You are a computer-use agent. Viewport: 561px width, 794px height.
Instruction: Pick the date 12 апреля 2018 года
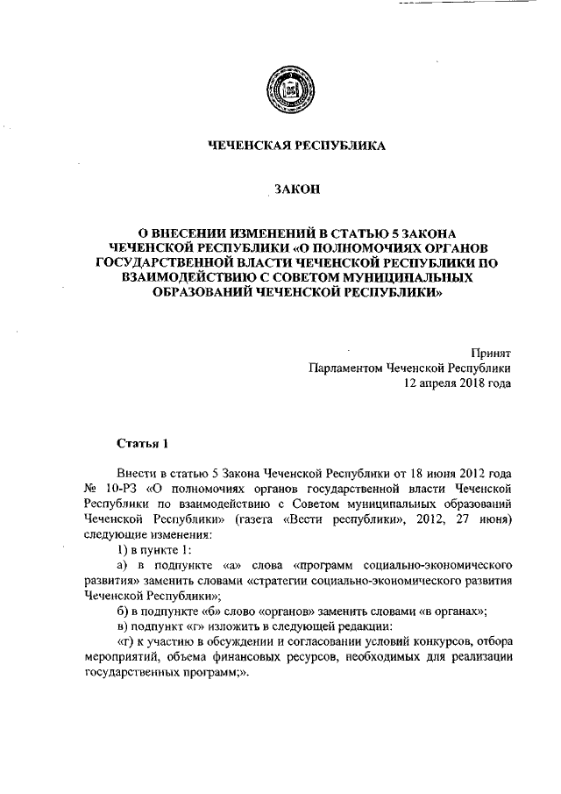pyautogui.click(x=457, y=383)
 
